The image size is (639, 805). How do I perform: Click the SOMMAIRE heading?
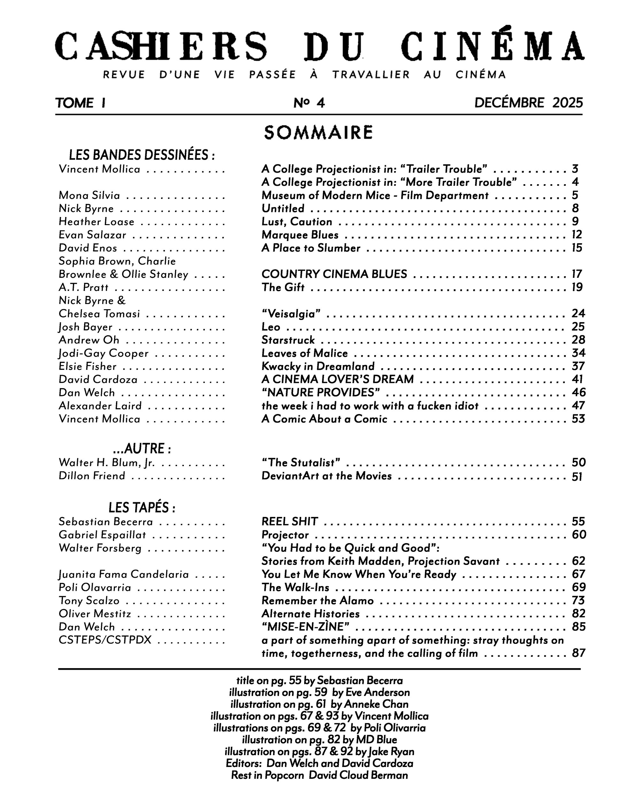click(x=318, y=133)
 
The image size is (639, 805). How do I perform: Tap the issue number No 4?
click(x=309, y=103)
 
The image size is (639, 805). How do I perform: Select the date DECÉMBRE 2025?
click(x=528, y=103)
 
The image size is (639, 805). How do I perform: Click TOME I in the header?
click(x=80, y=103)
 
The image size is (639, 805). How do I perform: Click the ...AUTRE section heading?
click(x=142, y=449)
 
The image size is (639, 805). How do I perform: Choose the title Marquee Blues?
click(x=300, y=235)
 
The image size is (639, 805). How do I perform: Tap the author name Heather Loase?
click(x=96, y=222)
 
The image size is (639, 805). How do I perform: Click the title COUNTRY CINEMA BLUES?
click(x=334, y=274)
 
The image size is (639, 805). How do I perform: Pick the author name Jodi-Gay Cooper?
click(x=104, y=353)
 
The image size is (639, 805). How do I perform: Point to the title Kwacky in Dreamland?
click(x=318, y=366)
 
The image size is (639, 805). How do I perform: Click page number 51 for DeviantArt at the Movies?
click(x=577, y=477)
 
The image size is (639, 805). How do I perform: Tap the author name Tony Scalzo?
click(x=89, y=600)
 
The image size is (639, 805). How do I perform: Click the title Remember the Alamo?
click(x=317, y=600)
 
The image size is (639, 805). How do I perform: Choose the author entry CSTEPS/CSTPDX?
click(x=105, y=640)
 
